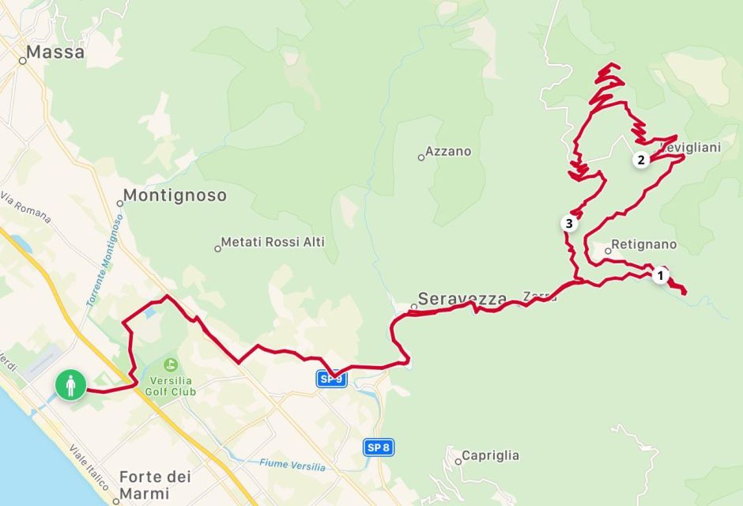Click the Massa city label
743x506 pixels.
pyautogui.click(x=55, y=53)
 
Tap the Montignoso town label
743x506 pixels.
pyautogui.click(x=175, y=195)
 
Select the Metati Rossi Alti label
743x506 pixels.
pyautogui.click(x=273, y=242)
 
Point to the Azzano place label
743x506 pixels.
pyautogui.click(x=447, y=151)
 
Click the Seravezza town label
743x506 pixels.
pyautogui.click(x=462, y=299)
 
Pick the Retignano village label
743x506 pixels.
pyautogui.click(x=643, y=245)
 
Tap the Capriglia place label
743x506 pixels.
pyautogui.click(x=490, y=455)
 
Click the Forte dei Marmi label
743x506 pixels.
pyautogui.click(x=156, y=485)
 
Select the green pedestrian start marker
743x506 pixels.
pyautogui.click(x=70, y=386)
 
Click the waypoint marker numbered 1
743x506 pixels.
pyautogui.click(x=660, y=276)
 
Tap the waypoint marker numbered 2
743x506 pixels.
pyautogui.click(x=641, y=160)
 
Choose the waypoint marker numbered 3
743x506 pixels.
pyautogui.click(x=568, y=224)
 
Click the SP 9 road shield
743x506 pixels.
pyautogui.click(x=332, y=379)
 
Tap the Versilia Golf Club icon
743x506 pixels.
pyautogui.click(x=169, y=365)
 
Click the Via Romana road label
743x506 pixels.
pyautogui.click(x=26, y=207)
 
